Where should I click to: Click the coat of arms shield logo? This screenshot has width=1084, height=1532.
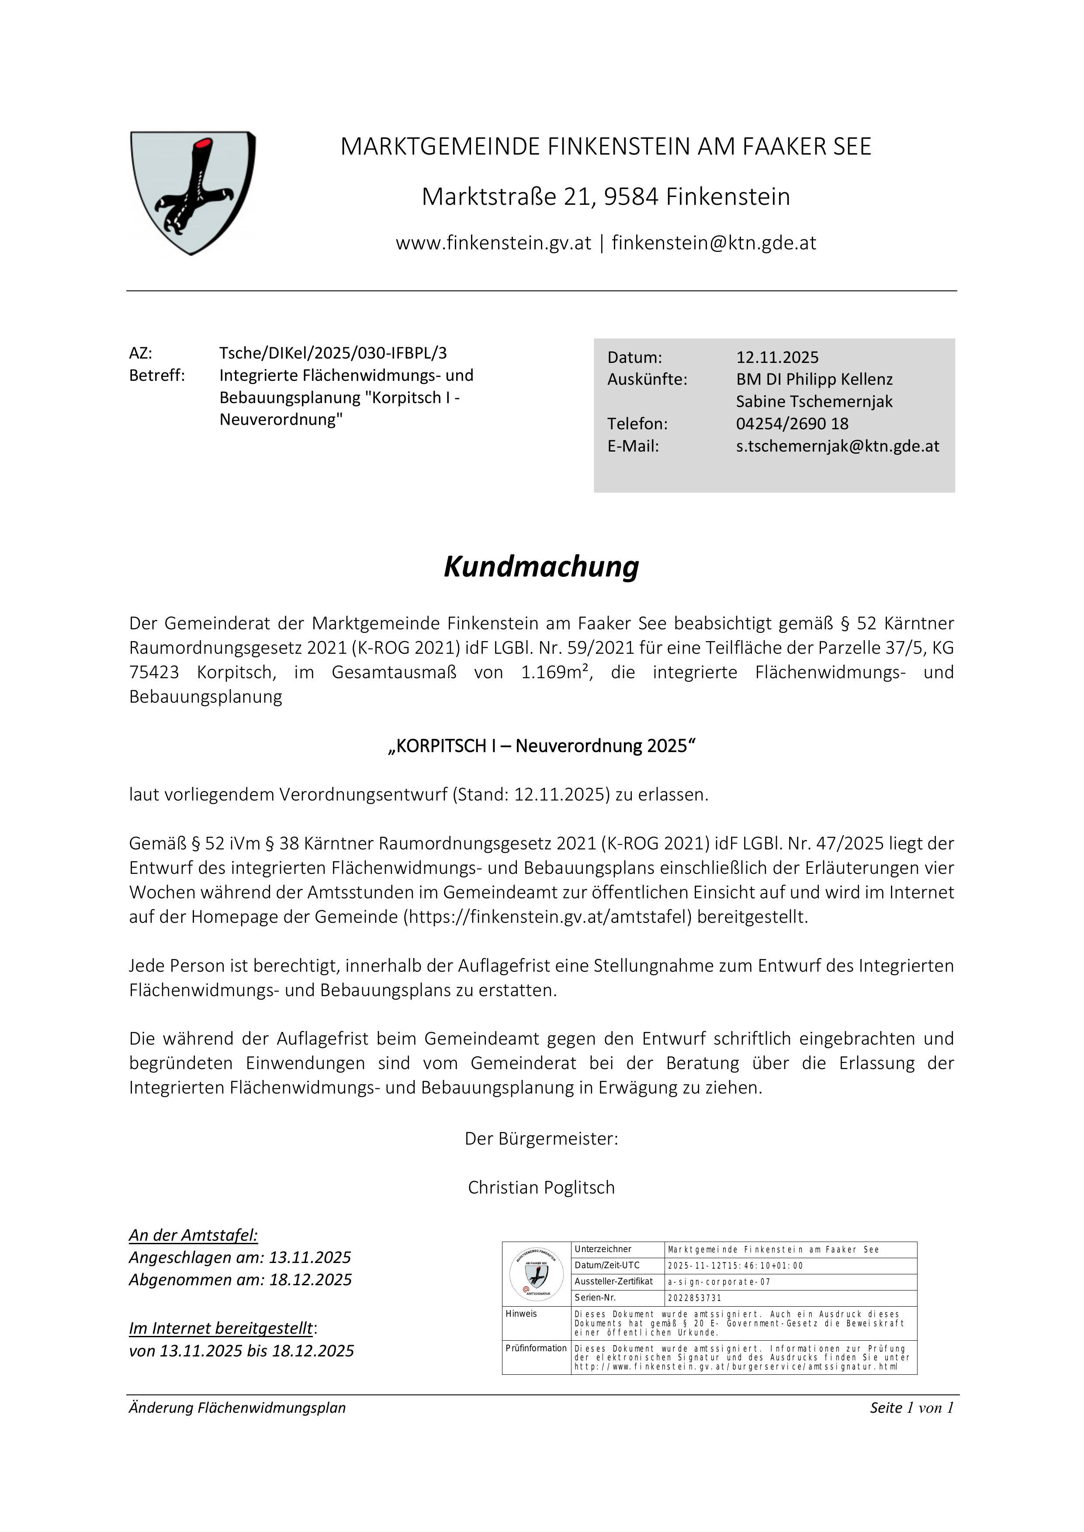point(192,192)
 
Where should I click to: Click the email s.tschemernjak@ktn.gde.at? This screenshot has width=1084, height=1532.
point(837,446)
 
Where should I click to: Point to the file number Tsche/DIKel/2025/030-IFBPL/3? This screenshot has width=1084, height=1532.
point(333,353)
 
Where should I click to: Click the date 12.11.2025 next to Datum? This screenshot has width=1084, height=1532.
point(777,358)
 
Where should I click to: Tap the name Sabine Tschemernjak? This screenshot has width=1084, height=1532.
point(814,402)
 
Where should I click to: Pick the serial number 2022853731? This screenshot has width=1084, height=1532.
point(694,1298)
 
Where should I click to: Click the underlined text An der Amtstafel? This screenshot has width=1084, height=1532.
point(194,1235)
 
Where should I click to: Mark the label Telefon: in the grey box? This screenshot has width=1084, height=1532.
point(637,424)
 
